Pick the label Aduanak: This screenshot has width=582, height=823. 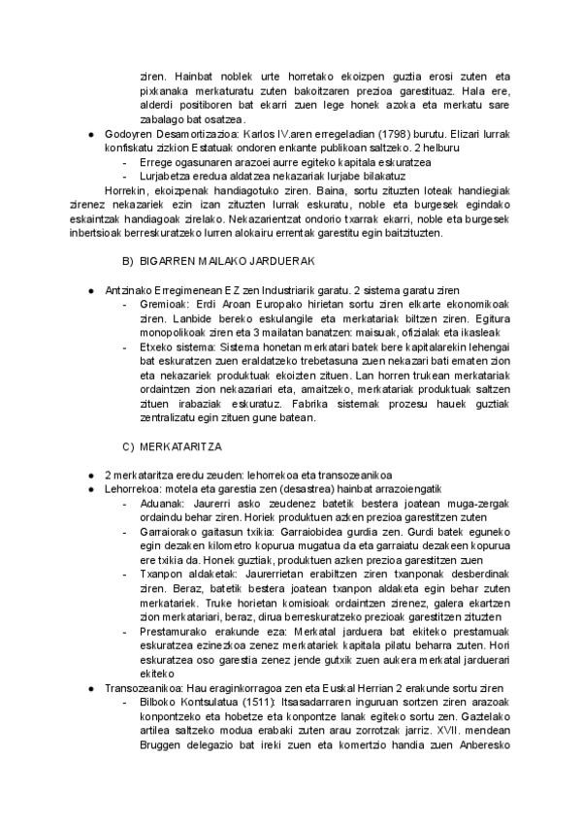(161, 504)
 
